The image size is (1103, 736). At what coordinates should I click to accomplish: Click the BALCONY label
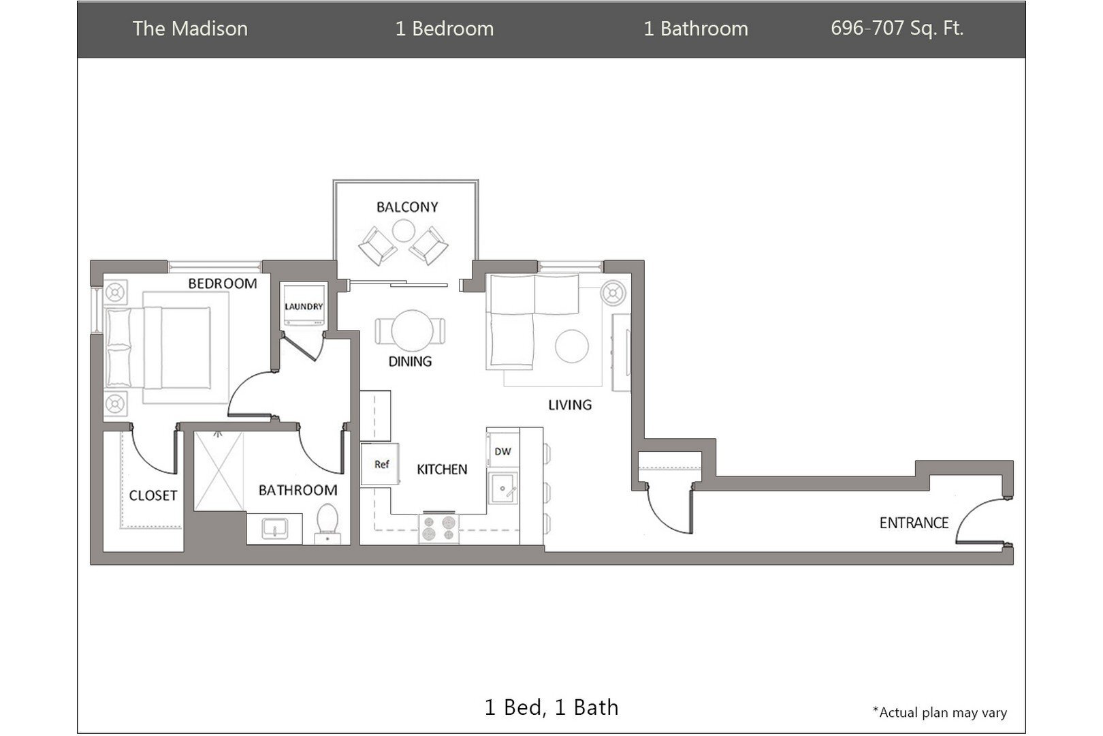point(407,207)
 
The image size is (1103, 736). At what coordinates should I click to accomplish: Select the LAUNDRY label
point(304,307)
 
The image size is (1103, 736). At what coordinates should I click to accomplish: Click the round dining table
point(412,331)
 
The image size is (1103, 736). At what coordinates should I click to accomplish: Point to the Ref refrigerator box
point(380,465)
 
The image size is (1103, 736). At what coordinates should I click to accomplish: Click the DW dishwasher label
point(502,452)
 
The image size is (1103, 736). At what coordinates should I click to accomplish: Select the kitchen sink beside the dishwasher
point(503,488)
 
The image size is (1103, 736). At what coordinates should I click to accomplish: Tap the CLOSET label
point(153,496)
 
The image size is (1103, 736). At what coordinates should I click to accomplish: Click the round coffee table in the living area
point(571,346)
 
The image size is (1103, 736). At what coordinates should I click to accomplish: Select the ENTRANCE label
point(914,523)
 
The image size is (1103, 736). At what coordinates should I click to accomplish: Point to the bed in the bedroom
point(163,348)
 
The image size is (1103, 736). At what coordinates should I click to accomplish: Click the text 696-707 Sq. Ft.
point(897,29)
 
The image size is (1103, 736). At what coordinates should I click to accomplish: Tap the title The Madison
point(190,29)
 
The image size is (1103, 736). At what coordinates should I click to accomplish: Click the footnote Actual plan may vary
point(940,713)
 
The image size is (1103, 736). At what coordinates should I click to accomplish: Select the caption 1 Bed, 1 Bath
point(551,707)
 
